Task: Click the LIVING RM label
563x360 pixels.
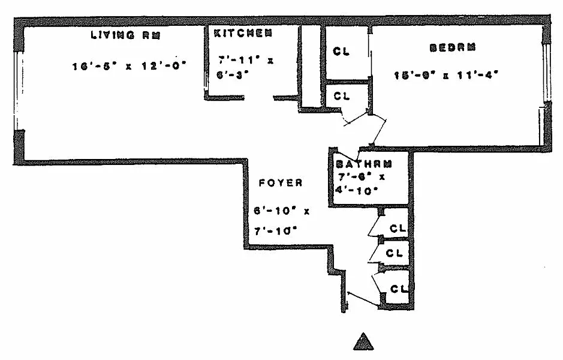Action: [x=125, y=34]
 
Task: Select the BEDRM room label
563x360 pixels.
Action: [x=447, y=47]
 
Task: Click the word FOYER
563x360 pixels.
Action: [x=281, y=183]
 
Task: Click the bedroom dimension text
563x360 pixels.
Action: [x=446, y=75]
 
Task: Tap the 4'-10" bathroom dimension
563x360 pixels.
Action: [x=356, y=192]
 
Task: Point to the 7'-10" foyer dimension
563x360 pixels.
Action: [x=276, y=229]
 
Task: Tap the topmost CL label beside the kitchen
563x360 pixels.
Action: [x=341, y=52]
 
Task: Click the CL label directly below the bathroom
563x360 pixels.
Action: [x=398, y=228]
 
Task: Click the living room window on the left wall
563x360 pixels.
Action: [x=17, y=90]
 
